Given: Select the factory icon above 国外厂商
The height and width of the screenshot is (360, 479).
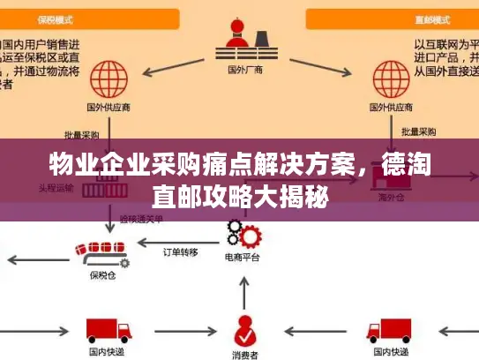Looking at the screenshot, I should [239, 36].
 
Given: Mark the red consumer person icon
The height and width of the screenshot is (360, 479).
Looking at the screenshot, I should [244, 329].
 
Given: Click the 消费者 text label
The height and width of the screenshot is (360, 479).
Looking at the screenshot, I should [244, 353].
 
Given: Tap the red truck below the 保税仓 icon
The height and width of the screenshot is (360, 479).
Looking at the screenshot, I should [107, 329].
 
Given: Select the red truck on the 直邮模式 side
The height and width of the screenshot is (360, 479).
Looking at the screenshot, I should [389, 329].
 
